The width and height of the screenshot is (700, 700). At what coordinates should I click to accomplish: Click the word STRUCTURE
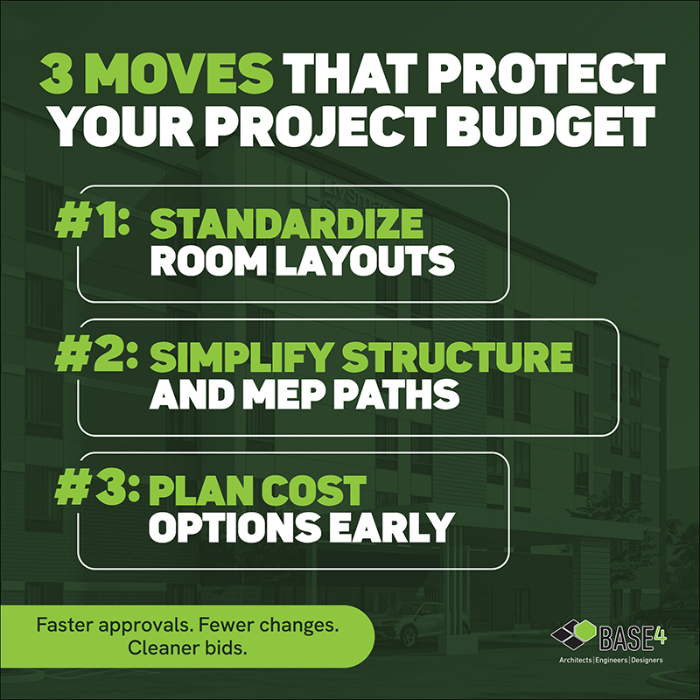click(x=459, y=358)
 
